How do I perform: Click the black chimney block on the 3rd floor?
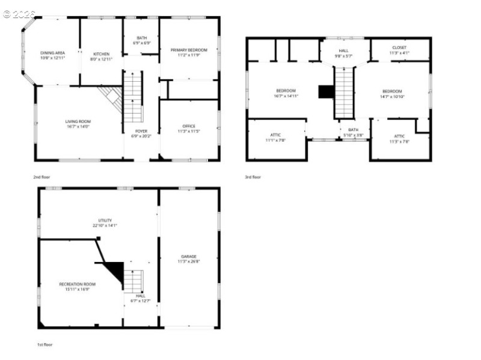(x=325, y=91)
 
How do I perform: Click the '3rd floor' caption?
(x=253, y=177)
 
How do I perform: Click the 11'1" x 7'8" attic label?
(x=275, y=137)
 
